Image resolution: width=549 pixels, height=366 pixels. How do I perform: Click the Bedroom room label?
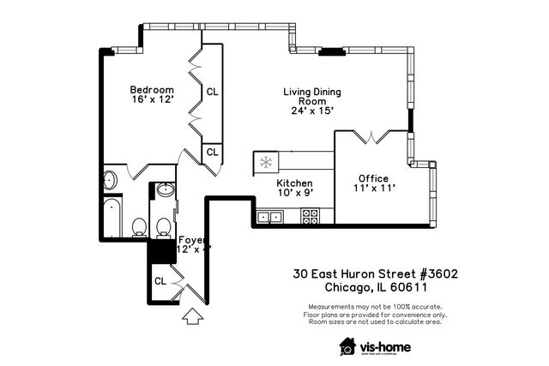coord(152,90)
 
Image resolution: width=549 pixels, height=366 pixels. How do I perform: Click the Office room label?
coord(374,178)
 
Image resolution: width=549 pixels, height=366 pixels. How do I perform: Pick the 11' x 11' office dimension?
coord(374,189)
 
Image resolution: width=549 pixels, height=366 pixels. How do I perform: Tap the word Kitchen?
coord(294,183)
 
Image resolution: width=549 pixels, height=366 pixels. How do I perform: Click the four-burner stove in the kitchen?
coord(310,218)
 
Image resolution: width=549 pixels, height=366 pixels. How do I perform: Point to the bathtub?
coord(112,219)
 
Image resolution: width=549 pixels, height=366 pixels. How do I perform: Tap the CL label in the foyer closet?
coord(160,280)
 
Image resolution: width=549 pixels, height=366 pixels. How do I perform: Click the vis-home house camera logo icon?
coord(347,345)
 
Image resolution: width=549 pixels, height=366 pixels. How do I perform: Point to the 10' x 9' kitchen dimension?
coord(294,194)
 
